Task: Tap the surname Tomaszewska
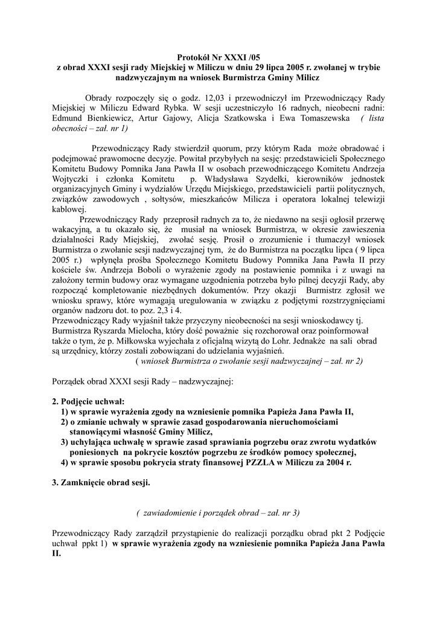[321, 118]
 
